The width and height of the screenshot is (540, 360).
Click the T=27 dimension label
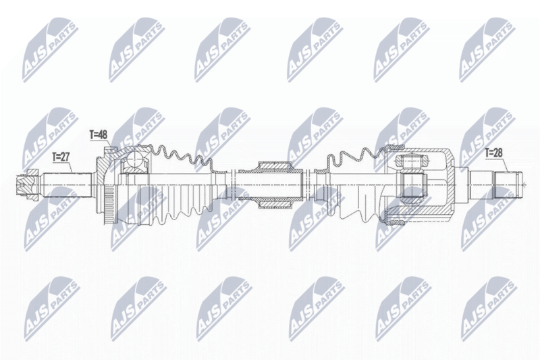click(x=61, y=157)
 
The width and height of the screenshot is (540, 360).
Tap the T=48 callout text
click(x=99, y=135)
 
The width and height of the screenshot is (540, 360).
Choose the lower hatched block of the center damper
click(x=277, y=201)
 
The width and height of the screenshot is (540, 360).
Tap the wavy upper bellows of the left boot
click(x=182, y=157)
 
